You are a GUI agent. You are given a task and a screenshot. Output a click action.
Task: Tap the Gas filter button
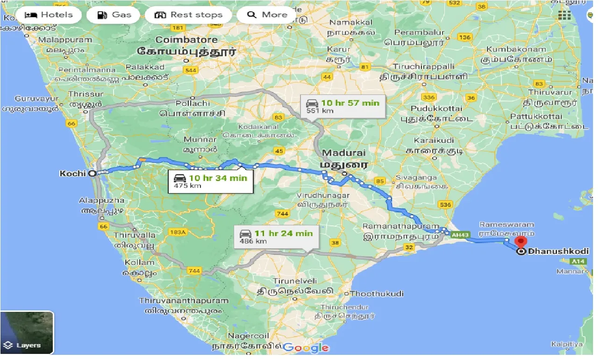114,14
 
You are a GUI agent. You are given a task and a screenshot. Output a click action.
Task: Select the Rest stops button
188,14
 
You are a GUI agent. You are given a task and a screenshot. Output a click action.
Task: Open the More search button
267,14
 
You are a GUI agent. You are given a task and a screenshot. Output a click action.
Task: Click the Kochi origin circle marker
93,173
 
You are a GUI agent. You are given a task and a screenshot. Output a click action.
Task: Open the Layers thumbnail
27,332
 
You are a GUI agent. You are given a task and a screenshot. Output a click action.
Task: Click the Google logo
306,348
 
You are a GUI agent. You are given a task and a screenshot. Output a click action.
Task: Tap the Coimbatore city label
186,40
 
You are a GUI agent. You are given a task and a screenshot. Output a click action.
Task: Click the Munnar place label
200,139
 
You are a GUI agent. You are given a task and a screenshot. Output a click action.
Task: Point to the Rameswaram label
507,225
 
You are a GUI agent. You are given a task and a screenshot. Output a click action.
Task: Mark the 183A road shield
178,232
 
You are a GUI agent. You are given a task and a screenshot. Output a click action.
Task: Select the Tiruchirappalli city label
423,66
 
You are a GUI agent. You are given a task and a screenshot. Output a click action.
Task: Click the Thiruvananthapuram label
184,301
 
